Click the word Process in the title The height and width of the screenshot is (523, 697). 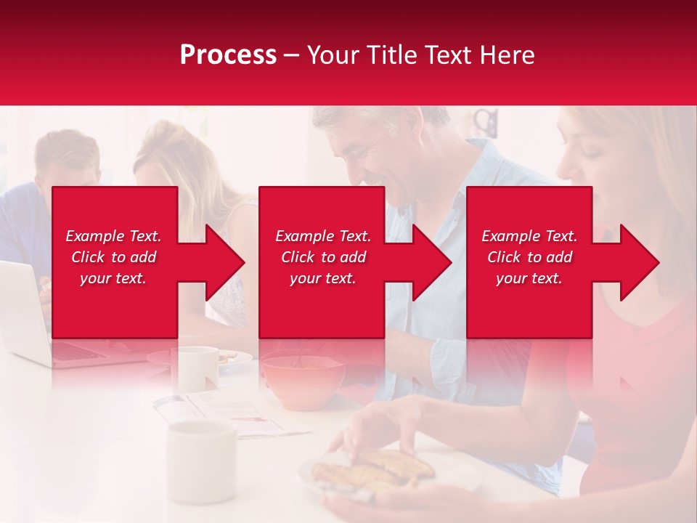(x=228, y=55)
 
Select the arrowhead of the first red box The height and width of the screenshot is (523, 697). (x=221, y=262)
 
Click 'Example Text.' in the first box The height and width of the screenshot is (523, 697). (x=114, y=236)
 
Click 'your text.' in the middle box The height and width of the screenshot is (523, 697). (x=322, y=278)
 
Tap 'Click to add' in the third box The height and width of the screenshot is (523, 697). (x=529, y=257)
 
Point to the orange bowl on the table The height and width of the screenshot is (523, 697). (x=302, y=380)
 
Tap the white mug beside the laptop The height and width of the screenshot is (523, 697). (x=197, y=368)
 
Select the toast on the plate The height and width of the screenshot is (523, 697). (x=374, y=469)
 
